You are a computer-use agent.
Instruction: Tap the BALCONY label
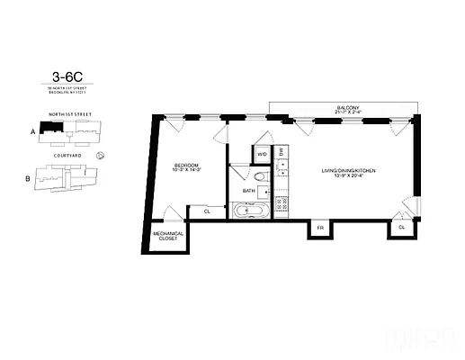tap(348, 109)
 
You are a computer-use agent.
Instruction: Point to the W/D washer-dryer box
tap(263, 154)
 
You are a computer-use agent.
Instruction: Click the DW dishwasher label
tap(282, 151)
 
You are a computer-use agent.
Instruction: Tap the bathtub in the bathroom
tap(250, 211)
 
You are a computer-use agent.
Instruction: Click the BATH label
tap(247, 191)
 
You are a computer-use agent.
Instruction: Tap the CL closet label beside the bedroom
tap(206, 211)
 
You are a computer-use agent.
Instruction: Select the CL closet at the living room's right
tap(401, 228)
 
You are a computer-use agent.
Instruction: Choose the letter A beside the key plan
tap(32, 131)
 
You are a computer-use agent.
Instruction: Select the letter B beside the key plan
tap(28, 178)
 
